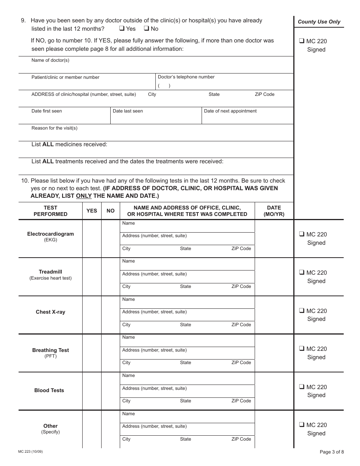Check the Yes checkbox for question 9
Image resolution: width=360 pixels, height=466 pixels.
122,28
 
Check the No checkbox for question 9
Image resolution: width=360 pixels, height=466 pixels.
146,28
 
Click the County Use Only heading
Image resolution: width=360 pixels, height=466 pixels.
319,22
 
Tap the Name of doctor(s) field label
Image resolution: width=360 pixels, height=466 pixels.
50,60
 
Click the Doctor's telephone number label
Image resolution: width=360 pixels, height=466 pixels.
186,77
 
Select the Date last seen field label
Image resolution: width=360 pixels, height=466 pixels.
128,111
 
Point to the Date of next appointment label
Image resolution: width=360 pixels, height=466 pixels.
230,111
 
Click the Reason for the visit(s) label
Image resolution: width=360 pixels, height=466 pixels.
54,128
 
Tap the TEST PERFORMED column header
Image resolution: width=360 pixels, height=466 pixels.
50,211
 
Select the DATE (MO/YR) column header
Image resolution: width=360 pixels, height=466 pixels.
274,211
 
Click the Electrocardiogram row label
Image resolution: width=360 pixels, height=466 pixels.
50,234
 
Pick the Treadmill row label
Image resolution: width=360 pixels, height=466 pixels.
50,272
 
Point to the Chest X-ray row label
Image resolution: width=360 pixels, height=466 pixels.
50,312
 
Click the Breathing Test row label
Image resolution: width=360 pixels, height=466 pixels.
50,350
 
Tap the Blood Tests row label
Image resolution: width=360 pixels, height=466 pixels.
49,391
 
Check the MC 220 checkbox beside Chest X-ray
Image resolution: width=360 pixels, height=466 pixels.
302,311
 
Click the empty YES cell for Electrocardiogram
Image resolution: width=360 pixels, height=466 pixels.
92,239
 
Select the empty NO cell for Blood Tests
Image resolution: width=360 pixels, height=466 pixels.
110,391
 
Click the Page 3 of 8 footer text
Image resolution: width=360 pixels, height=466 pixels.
332,452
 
